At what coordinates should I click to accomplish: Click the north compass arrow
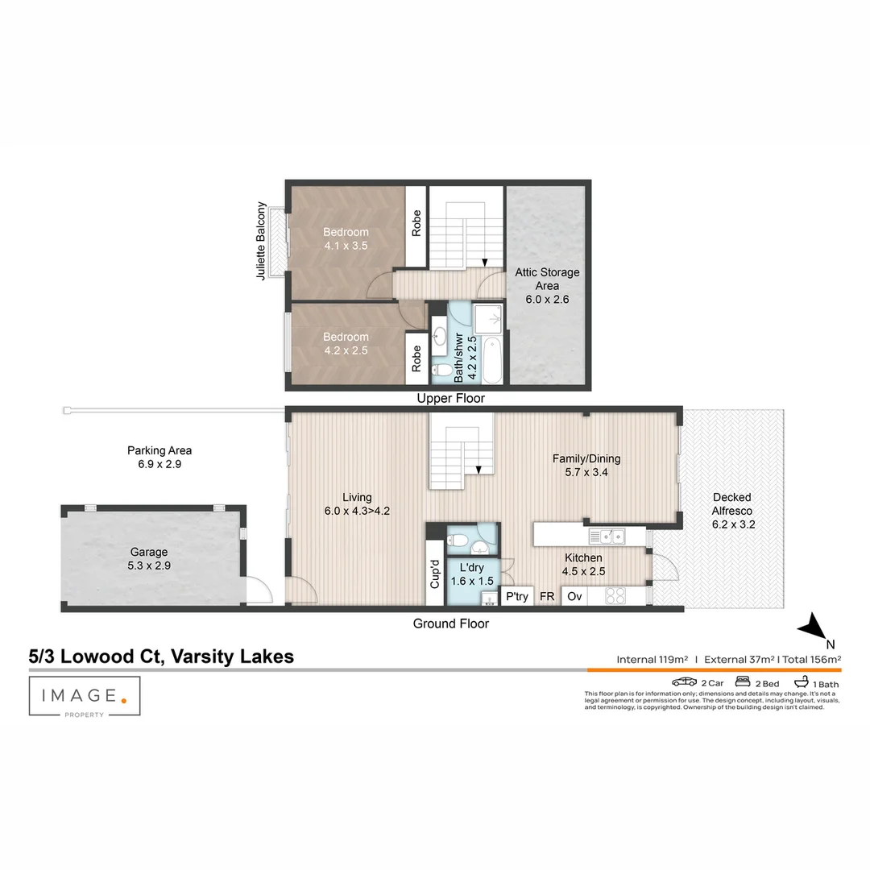click(x=814, y=626)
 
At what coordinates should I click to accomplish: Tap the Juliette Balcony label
click(x=261, y=240)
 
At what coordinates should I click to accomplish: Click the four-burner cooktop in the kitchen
click(x=615, y=596)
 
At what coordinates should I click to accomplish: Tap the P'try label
click(x=516, y=597)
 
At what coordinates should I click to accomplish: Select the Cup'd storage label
click(x=435, y=574)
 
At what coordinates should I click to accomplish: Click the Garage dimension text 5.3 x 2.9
click(x=150, y=565)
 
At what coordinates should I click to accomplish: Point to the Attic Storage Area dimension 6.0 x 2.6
click(x=547, y=299)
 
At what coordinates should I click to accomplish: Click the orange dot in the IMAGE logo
click(x=123, y=700)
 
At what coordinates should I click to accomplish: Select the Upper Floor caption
click(x=450, y=399)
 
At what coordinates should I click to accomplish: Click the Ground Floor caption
click(x=450, y=623)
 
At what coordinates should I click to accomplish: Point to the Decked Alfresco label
click(x=731, y=504)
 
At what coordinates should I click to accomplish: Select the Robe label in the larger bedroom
click(x=416, y=223)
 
